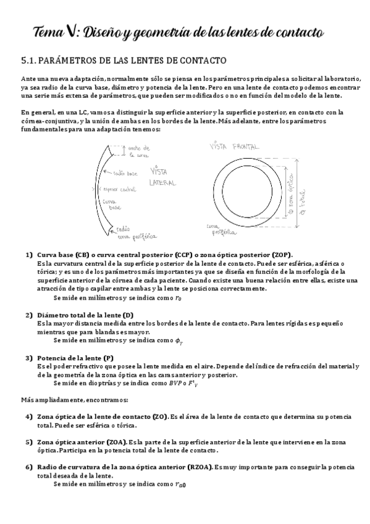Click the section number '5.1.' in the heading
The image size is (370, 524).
click(30, 61)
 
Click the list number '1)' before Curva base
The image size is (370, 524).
click(29, 255)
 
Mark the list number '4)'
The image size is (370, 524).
click(29, 416)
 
